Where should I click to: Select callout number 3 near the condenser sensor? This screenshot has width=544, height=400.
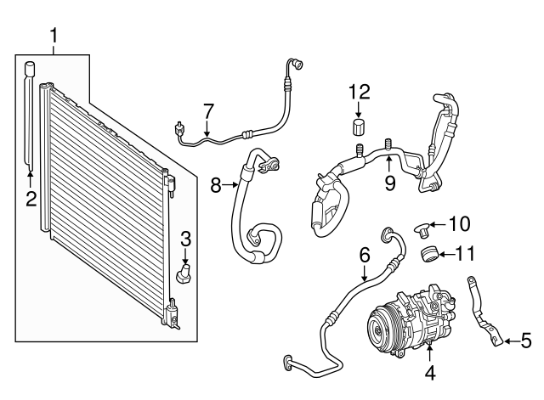[185, 239]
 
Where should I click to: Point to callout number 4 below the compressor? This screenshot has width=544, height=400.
[430, 372]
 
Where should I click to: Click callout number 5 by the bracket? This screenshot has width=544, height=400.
[525, 341]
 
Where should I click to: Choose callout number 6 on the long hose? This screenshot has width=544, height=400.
[364, 254]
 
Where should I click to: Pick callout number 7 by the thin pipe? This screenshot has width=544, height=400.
[208, 111]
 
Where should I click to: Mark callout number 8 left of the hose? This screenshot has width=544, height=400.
[216, 183]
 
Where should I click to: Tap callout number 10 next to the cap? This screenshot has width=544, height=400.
[459, 224]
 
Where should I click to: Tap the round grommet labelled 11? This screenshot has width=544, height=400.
[430, 253]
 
